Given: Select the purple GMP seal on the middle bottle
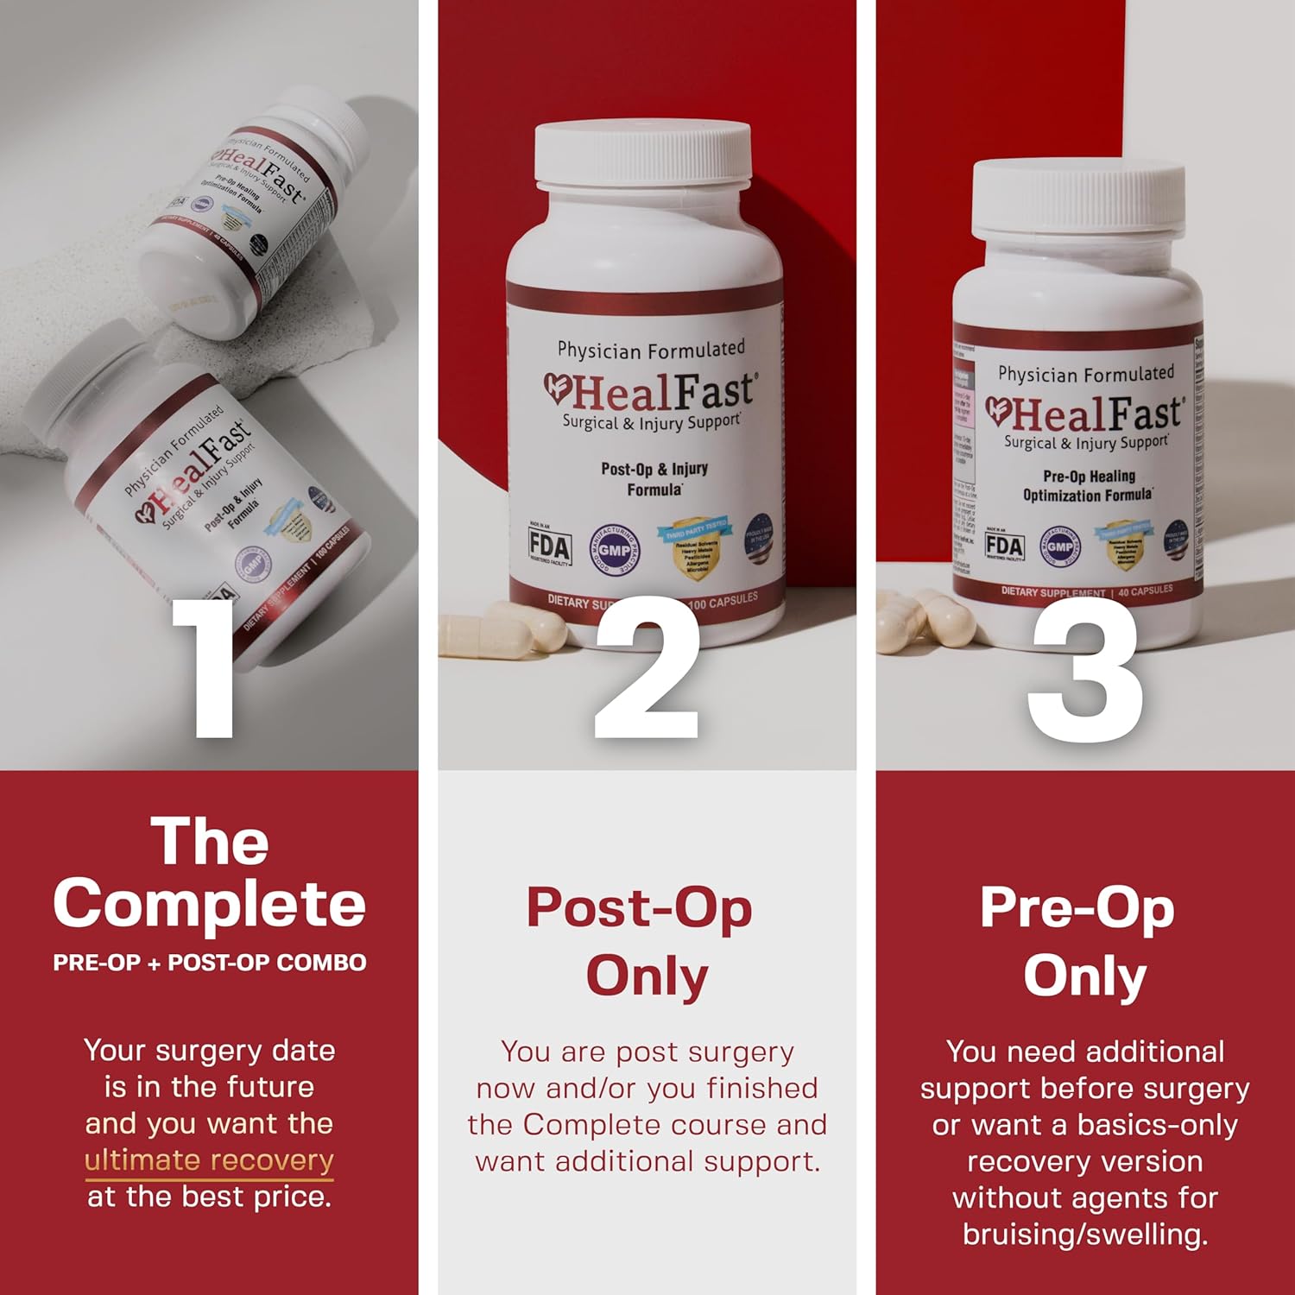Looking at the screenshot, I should pyautogui.click(x=614, y=550).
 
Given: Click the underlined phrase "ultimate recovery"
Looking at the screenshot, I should pyautogui.click(x=209, y=1160).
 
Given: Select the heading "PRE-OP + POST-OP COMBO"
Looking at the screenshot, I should pyautogui.click(x=209, y=963).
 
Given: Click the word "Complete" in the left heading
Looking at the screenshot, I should pyautogui.click(x=209, y=905).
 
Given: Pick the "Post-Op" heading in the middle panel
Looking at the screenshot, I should pyautogui.click(x=640, y=908).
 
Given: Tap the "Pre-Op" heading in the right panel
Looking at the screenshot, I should pyautogui.click(x=1077, y=908).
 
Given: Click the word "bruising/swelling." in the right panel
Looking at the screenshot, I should pyautogui.click(x=1085, y=1235).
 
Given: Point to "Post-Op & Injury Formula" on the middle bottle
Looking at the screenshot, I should pyautogui.click(x=654, y=479).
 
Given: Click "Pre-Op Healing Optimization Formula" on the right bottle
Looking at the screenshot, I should pyautogui.click(x=1088, y=485).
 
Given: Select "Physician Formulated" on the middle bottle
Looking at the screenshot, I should pyautogui.click(x=651, y=350).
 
